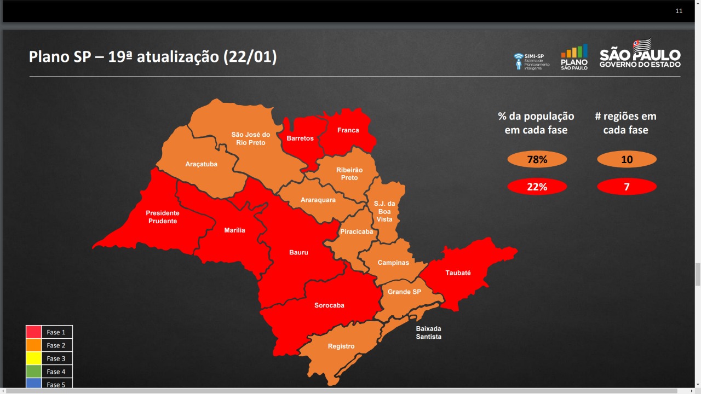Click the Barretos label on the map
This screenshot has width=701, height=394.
(300, 138)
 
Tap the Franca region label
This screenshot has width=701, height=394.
(348, 130)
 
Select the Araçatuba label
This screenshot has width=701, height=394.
(202, 164)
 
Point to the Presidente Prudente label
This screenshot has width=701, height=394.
(163, 217)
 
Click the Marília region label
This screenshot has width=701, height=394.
(234, 230)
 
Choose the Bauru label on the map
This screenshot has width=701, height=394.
(298, 253)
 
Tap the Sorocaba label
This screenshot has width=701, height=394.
(329, 305)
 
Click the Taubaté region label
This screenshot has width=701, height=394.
(458, 273)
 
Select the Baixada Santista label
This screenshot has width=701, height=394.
(428, 333)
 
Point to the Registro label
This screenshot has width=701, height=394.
(341, 346)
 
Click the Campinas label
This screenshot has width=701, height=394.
(393, 263)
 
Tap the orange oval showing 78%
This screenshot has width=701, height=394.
(537, 160)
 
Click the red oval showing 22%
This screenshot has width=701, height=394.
(537, 187)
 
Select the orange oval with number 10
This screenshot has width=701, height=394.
(627, 160)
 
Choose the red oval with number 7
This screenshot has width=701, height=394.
(627, 187)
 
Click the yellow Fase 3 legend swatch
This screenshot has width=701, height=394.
(33, 358)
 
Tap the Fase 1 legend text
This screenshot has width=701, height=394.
(56, 332)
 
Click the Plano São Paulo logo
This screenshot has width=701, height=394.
(574, 57)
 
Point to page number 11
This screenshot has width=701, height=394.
(679, 11)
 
